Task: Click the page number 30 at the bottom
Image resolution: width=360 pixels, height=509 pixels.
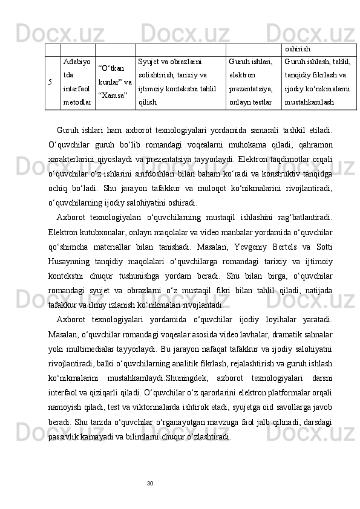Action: point(151,482)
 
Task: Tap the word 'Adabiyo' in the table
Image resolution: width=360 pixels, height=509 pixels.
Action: point(76,61)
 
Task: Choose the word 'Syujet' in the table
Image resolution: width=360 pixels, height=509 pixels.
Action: point(150,61)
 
